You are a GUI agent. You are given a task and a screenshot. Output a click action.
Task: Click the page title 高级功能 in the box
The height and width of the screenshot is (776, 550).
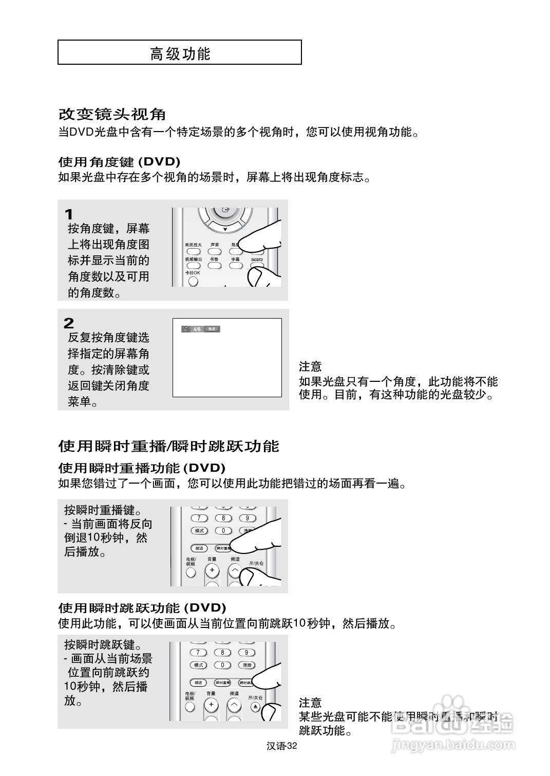(180, 53)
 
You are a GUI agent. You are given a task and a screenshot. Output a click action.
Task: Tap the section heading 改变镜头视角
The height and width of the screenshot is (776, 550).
(112, 114)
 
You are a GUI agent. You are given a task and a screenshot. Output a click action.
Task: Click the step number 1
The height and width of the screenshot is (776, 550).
(69, 214)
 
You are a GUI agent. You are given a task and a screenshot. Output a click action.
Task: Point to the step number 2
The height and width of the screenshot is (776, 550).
(69, 323)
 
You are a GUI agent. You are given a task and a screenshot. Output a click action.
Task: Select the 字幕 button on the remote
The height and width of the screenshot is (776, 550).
(236, 266)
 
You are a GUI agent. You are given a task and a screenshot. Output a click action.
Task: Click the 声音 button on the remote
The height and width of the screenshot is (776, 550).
(215, 251)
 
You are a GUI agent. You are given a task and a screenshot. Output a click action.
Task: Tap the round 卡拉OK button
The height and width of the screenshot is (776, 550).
(193, 281)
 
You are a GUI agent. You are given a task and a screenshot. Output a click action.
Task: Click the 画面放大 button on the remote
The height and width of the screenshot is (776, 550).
(193, 251)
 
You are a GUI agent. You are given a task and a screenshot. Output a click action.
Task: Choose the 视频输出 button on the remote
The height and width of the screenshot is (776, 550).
(193, 266)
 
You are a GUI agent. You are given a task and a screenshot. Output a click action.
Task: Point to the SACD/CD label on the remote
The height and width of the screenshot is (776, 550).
(257, 260)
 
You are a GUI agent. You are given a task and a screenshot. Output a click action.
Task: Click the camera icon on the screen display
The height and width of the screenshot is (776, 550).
(186, 329)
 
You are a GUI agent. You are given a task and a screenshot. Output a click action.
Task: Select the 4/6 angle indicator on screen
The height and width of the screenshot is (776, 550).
(197, 329)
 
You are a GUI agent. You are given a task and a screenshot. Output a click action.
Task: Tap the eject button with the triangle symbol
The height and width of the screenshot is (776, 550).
(256, 707)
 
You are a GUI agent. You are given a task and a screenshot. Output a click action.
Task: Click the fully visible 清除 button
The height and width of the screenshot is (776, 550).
(247, 665)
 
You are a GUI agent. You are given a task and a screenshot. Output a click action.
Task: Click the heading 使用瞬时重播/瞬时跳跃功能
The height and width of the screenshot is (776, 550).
(168, 446)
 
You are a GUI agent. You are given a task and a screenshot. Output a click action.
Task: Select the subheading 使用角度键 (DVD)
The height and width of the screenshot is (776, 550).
(119, 162)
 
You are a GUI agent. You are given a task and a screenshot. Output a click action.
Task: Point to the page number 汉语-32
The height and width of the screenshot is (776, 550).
(282, 746)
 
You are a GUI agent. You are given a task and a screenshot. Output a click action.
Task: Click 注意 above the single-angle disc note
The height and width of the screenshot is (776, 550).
(310, 366)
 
